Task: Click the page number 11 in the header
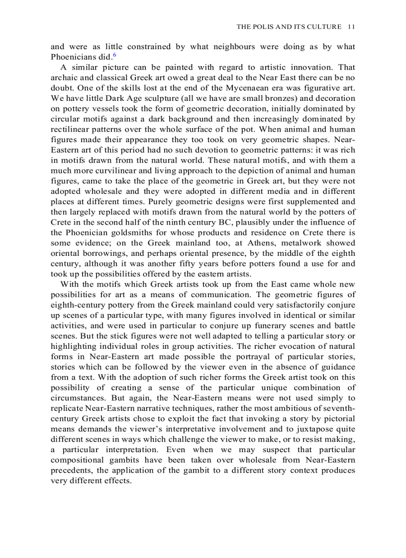click(x=351, y=26)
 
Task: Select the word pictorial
click(x=338, y=418)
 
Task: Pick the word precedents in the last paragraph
click(x=72, y=470)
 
